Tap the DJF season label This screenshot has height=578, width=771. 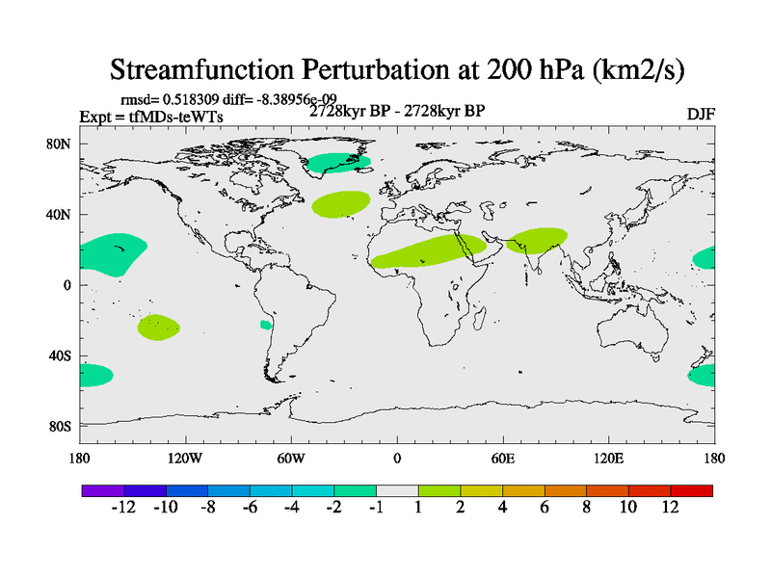click(701, 114)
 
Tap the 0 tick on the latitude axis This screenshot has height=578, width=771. click(67, 285)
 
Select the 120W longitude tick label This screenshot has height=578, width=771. click(185, 458)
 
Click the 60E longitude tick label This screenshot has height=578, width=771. click(503, 458)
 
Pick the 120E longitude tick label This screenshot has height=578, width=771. click(609, 458)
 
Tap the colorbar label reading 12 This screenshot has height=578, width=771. click(671, 508)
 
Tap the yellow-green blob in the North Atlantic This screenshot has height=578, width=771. click(340, 203)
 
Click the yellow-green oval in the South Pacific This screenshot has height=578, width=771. click(159, 327)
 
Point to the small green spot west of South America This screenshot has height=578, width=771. click(266, 326)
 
